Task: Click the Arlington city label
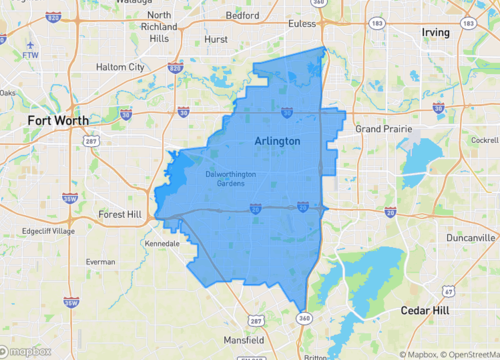tap(277, 141)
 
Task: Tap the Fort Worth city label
tap(58, 120)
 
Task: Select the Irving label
tap(436, 32)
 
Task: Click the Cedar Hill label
tap(427, 311)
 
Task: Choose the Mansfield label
tap(243, 341)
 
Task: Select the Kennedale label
tap(162, 243)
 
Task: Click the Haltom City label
tap(120, 67)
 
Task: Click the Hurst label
tap(216, 39)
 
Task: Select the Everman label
tap(100, 261)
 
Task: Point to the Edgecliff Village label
tap(48, 231)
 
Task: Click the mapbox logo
tap(27, 350)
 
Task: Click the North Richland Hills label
tap(159, 27)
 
